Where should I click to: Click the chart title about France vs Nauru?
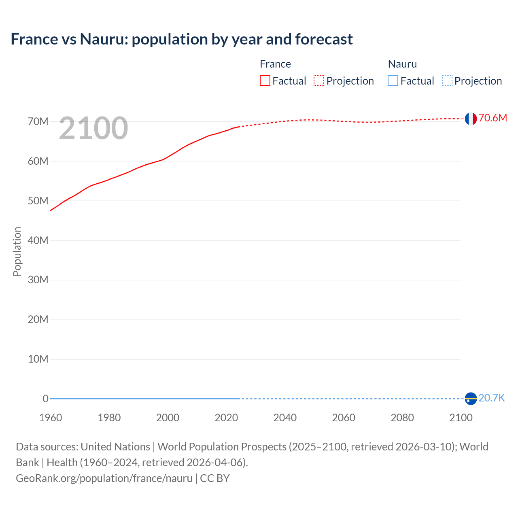(x=182, y=39)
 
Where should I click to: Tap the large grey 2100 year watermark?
(x=93, y=128)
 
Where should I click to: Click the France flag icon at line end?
(x=470, y=119)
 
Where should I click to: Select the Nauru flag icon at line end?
(x=470, y=399)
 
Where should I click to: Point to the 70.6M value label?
(x=493, y=118)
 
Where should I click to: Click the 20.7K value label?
(x=492, y=398)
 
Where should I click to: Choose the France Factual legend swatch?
(x=265, y=81)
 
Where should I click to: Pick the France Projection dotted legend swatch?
(x=319, y=81)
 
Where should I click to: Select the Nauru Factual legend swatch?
(x=393, y=81)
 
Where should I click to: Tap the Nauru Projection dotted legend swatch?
(x=447, y=81)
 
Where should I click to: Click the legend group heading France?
(x=275, y=64)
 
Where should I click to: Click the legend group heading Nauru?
(x=402, y=64)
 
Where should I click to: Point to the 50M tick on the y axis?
(x=38, y=201)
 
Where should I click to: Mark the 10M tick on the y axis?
(x=38, y=359)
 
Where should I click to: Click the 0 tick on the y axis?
(x=45, y=399)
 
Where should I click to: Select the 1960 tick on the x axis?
(x=51, y=418)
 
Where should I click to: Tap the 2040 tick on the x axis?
(x=285, y=418)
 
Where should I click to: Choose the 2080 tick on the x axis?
(x=402, y=418)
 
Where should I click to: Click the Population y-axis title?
(x=17, y=251)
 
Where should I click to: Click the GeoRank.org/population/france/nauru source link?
(x=104, y=478)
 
